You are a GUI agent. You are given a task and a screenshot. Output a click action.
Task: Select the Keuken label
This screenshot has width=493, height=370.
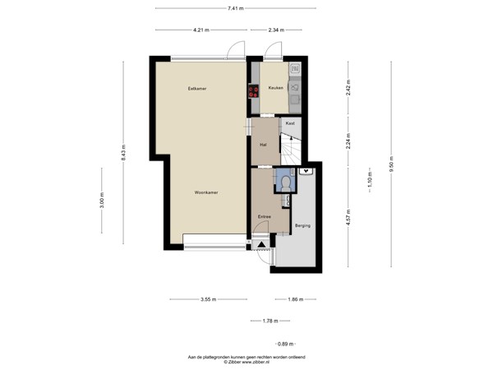tap(275, 88)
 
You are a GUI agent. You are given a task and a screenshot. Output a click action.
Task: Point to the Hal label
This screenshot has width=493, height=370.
tap(263, 145)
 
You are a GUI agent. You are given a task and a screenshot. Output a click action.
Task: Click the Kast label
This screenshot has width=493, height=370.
tap(290, 123)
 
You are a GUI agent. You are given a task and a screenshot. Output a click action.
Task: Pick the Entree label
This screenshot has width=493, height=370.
tap(265, 216)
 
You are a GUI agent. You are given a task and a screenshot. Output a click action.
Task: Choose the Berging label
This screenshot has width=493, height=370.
tap(302, 224)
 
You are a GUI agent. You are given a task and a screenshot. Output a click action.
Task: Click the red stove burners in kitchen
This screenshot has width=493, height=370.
tap(254, 92)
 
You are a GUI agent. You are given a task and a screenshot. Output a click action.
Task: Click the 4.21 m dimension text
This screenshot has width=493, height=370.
tap(201, 30)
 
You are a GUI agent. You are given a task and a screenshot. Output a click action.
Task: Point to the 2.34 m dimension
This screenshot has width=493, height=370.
tap(276, 30)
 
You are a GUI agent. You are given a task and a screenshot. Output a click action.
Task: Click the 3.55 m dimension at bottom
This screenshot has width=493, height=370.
tap(207, 300)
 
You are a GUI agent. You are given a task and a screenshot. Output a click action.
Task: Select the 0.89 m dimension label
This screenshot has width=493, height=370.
tap(284, 343)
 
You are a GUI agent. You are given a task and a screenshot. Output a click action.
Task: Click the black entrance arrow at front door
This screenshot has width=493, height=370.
tap(262, 244)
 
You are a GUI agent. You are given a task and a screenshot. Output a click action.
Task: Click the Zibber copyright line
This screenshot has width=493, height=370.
tap(246, 362)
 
